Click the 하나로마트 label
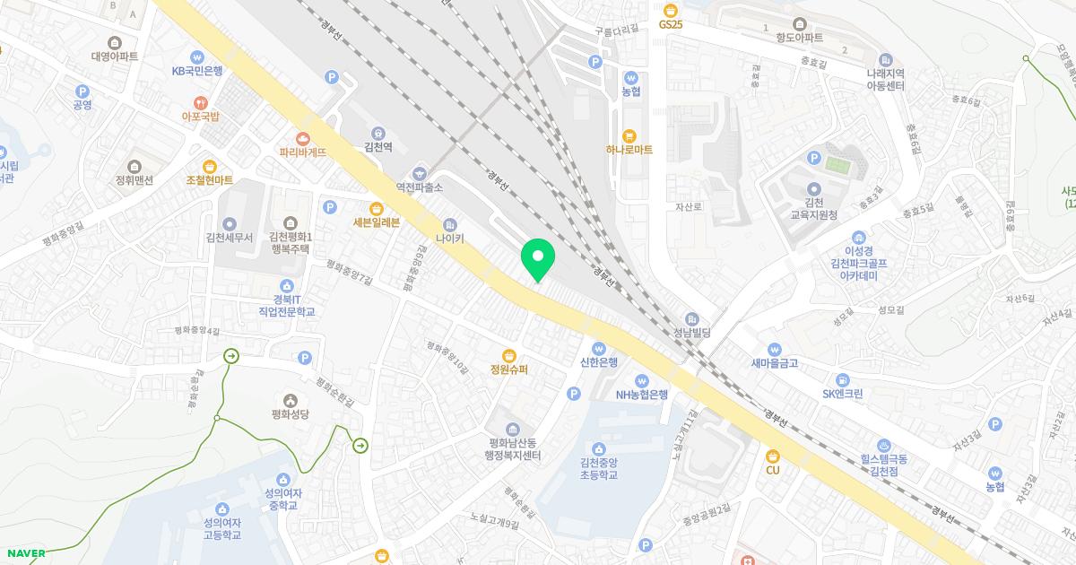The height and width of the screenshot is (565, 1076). (x=629, y=150)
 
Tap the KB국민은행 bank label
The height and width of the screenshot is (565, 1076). (x=197, y=70)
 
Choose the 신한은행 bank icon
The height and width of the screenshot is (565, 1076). (x=599, y=348)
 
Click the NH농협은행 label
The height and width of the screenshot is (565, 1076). (x=641, y=395)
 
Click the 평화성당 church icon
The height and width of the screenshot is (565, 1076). (x=290, y=400)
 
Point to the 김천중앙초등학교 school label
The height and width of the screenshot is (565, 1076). (x=598, y=469)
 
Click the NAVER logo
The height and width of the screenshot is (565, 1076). (x=25, y=553)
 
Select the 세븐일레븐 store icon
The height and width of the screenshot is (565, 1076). (x=376, y=208)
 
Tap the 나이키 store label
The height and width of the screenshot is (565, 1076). (x=449, y=239)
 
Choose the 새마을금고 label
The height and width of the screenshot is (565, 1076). (x=774, y=363)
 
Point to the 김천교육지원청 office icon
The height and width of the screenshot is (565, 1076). (x=814, y=188)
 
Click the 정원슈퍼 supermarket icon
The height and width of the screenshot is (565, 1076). (x=508, y=355)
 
